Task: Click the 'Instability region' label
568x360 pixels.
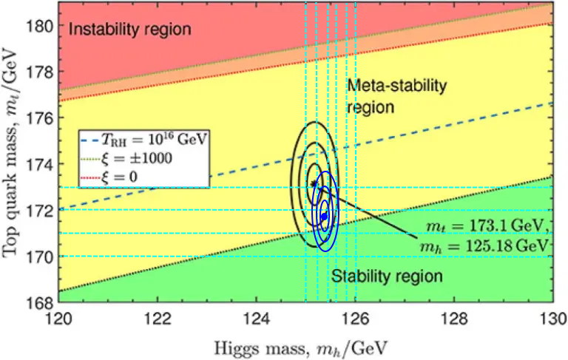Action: click(x=130, y=30)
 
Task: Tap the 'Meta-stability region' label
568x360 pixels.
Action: click(x=397, y=96)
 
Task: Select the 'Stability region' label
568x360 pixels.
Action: click(x=386, y=277)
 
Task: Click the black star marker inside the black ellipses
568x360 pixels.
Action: click(x=314, y=183)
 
